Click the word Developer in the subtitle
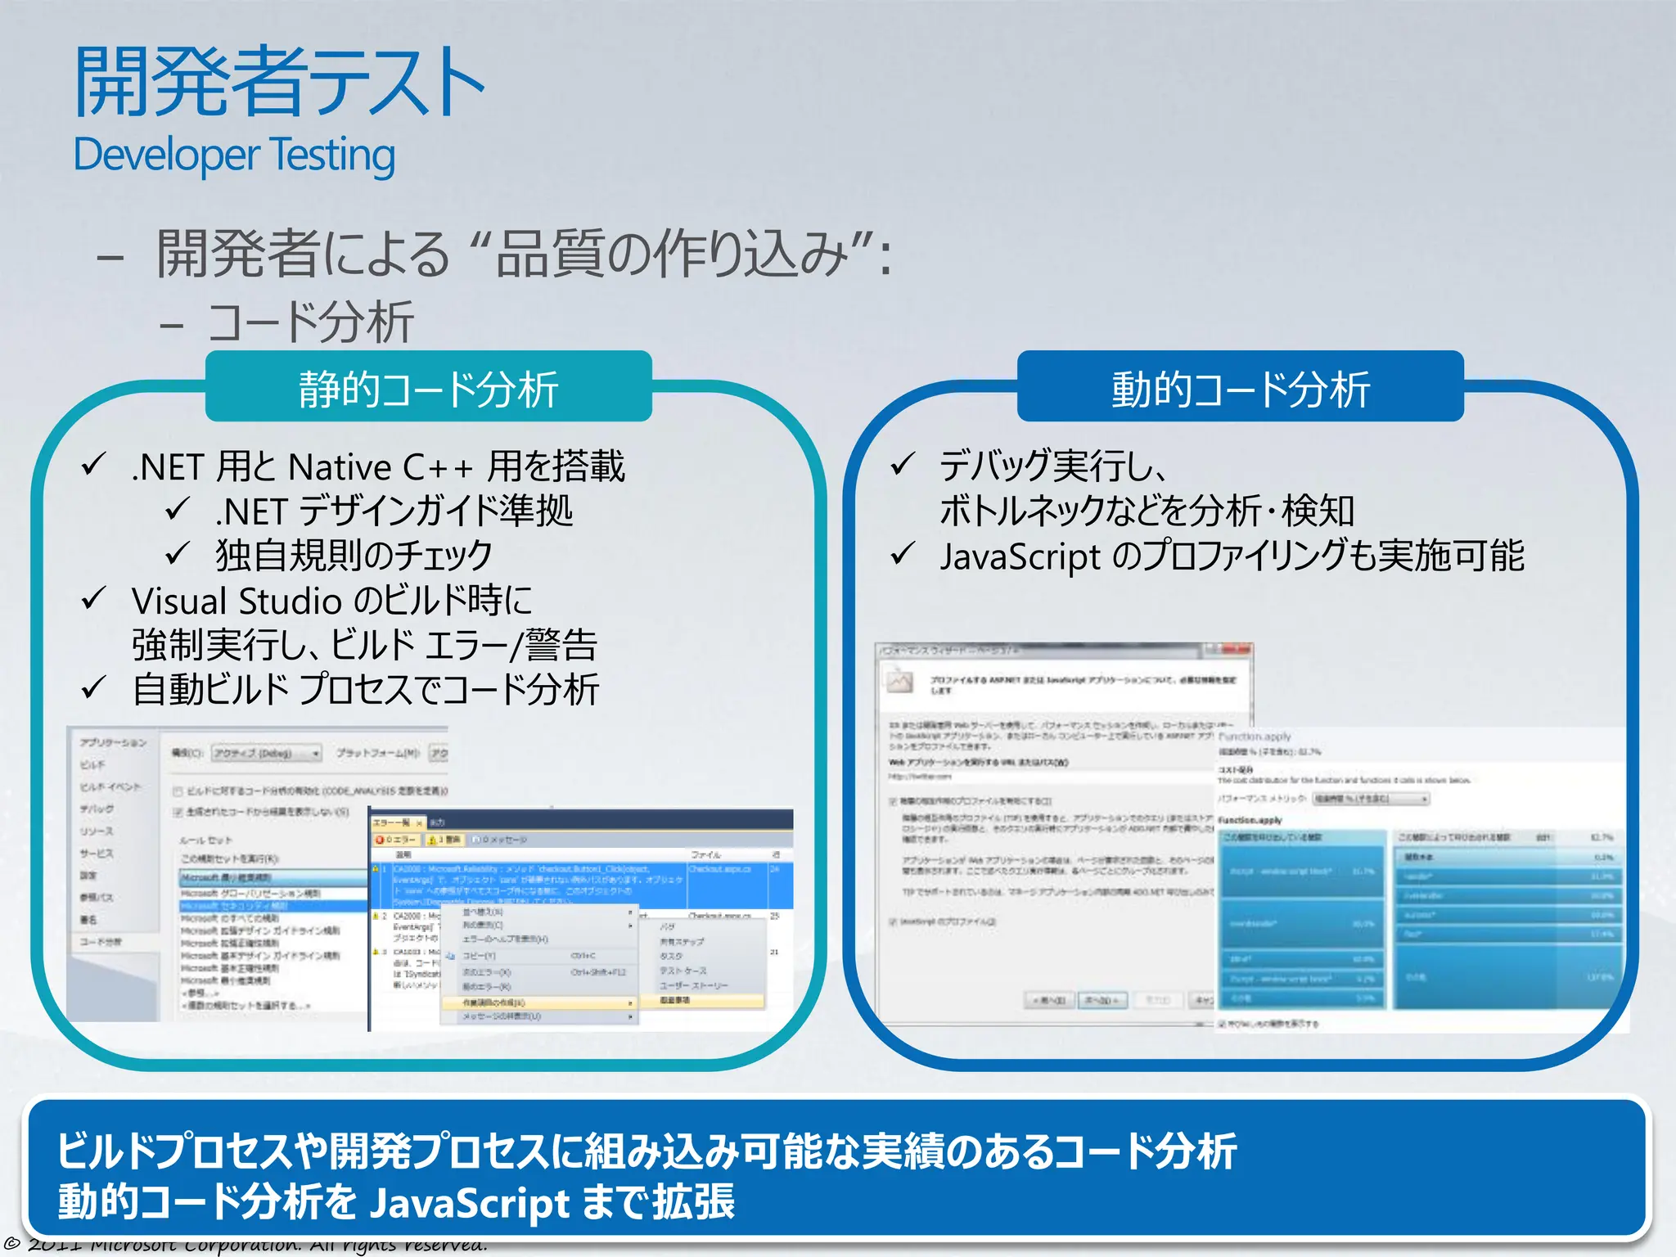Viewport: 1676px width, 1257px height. coord(166,155)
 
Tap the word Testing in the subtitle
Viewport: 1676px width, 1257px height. coord(333,155)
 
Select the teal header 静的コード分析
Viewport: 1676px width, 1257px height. coord(428,388)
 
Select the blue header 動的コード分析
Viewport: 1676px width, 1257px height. coord(1240,388)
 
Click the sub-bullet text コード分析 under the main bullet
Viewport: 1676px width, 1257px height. coord(311,322)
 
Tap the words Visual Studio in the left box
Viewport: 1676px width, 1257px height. coord(237,601)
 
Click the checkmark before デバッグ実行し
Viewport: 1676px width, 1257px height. coord(901,465)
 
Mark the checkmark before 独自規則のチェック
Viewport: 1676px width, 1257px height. coord(177,554)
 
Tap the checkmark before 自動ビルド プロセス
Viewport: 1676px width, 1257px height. coord(93,687)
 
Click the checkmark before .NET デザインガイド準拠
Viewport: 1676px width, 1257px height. coord(177,509)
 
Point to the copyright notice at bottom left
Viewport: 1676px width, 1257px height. coord(246,1246)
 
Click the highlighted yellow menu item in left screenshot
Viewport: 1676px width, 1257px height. coord(536,1002)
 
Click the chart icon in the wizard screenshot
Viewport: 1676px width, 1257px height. coord(900,681)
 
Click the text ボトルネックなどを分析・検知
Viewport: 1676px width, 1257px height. coord(1147,511)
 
